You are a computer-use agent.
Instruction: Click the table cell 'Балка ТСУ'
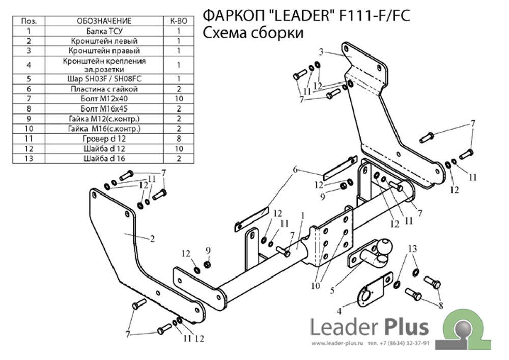104,31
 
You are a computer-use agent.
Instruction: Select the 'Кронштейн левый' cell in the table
104,41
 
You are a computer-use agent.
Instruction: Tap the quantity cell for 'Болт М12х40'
179,98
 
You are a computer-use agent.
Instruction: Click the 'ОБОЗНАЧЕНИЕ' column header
104,21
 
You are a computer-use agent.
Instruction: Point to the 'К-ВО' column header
179,21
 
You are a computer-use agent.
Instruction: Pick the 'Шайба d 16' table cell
104,158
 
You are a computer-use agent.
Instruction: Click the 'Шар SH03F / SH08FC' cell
104,79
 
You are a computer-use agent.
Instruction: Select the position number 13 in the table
29,158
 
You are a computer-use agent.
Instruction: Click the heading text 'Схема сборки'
253,33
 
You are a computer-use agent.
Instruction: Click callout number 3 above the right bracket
322,51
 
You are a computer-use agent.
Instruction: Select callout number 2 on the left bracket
152,239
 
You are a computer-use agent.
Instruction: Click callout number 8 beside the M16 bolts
441,306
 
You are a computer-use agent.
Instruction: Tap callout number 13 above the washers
412,248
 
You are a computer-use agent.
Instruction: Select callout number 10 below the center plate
315,285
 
